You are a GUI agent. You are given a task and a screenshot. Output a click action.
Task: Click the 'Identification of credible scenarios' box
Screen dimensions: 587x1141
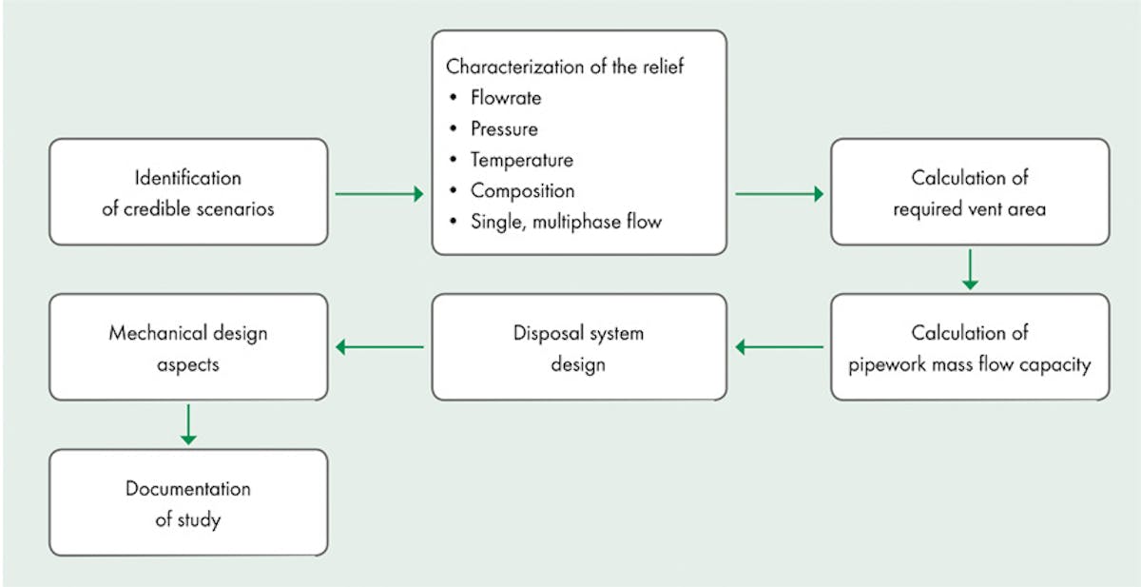[x=188, y=192]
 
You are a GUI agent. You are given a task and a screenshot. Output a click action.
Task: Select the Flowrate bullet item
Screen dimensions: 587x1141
[x=507, y=98]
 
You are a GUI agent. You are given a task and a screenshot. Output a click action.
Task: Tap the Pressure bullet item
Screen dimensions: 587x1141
[x=504, y=129]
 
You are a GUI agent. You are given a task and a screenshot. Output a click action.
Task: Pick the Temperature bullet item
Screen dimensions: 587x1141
[x=521, y=161]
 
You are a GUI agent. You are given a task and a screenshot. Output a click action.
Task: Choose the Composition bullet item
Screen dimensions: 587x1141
[x=522, y=191]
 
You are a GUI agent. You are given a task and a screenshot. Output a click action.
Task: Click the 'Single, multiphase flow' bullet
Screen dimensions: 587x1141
[x=567, y=222]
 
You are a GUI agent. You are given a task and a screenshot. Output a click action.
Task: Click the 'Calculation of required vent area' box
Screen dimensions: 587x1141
[x=969, y=192]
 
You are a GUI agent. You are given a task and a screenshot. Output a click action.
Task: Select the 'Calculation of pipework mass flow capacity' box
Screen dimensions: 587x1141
[x=969, y=347]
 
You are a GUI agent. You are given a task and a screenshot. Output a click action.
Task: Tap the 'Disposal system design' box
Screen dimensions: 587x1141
[x=578, y=347]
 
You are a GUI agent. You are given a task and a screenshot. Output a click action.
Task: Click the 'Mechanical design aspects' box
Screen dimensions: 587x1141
[x=188, y=347]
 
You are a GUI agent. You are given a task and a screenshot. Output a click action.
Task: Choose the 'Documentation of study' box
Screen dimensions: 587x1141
[x=188, y=502]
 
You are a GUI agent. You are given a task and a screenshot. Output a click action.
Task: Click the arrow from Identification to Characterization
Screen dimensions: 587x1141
[x=379, y=194]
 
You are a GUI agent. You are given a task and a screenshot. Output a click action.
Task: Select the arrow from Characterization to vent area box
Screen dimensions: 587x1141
[x=780, y=194]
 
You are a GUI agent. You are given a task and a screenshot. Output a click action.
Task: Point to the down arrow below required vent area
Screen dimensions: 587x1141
[x=969, y=269]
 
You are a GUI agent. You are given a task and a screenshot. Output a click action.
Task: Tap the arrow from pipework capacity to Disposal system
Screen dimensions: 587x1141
[x=780, y=347]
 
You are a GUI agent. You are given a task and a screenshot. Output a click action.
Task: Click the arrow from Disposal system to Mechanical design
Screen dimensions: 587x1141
[x=379, y=347]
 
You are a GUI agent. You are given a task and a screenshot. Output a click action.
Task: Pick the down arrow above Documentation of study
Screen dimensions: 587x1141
[x=188, y=424]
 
